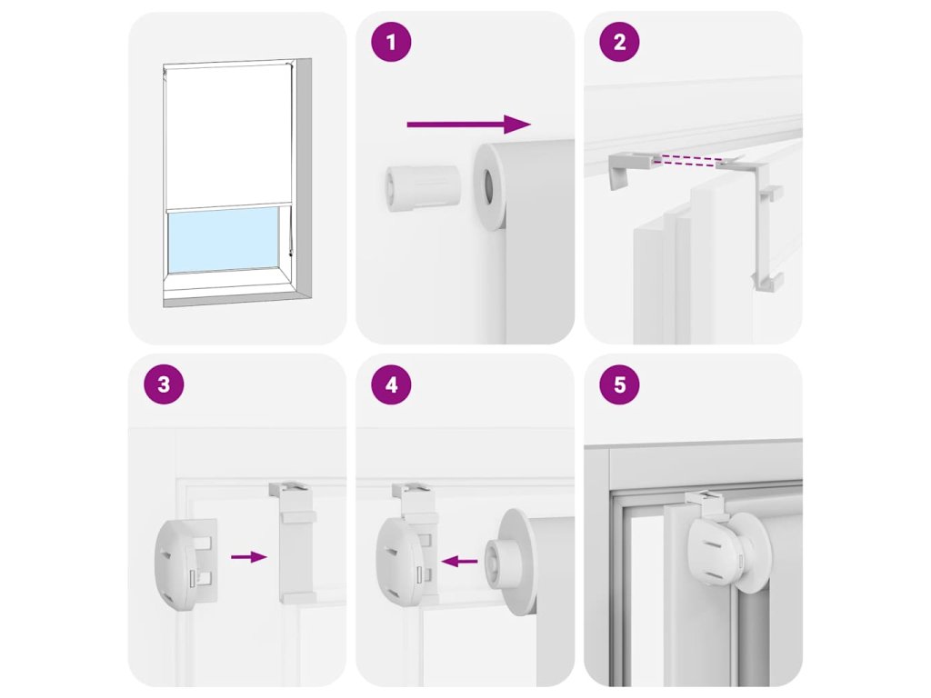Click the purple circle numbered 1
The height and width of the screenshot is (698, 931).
391,42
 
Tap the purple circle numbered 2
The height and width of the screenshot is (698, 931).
619,42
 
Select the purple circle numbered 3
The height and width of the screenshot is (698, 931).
164,384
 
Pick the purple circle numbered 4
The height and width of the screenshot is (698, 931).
391,384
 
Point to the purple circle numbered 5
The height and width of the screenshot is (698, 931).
619,384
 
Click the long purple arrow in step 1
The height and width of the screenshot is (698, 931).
468,124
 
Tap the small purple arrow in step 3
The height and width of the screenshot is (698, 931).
249,556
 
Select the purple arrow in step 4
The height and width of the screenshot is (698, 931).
459,560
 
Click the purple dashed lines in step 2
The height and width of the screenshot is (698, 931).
688,160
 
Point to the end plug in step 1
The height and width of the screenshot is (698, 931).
423,188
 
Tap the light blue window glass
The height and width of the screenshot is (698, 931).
224,239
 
